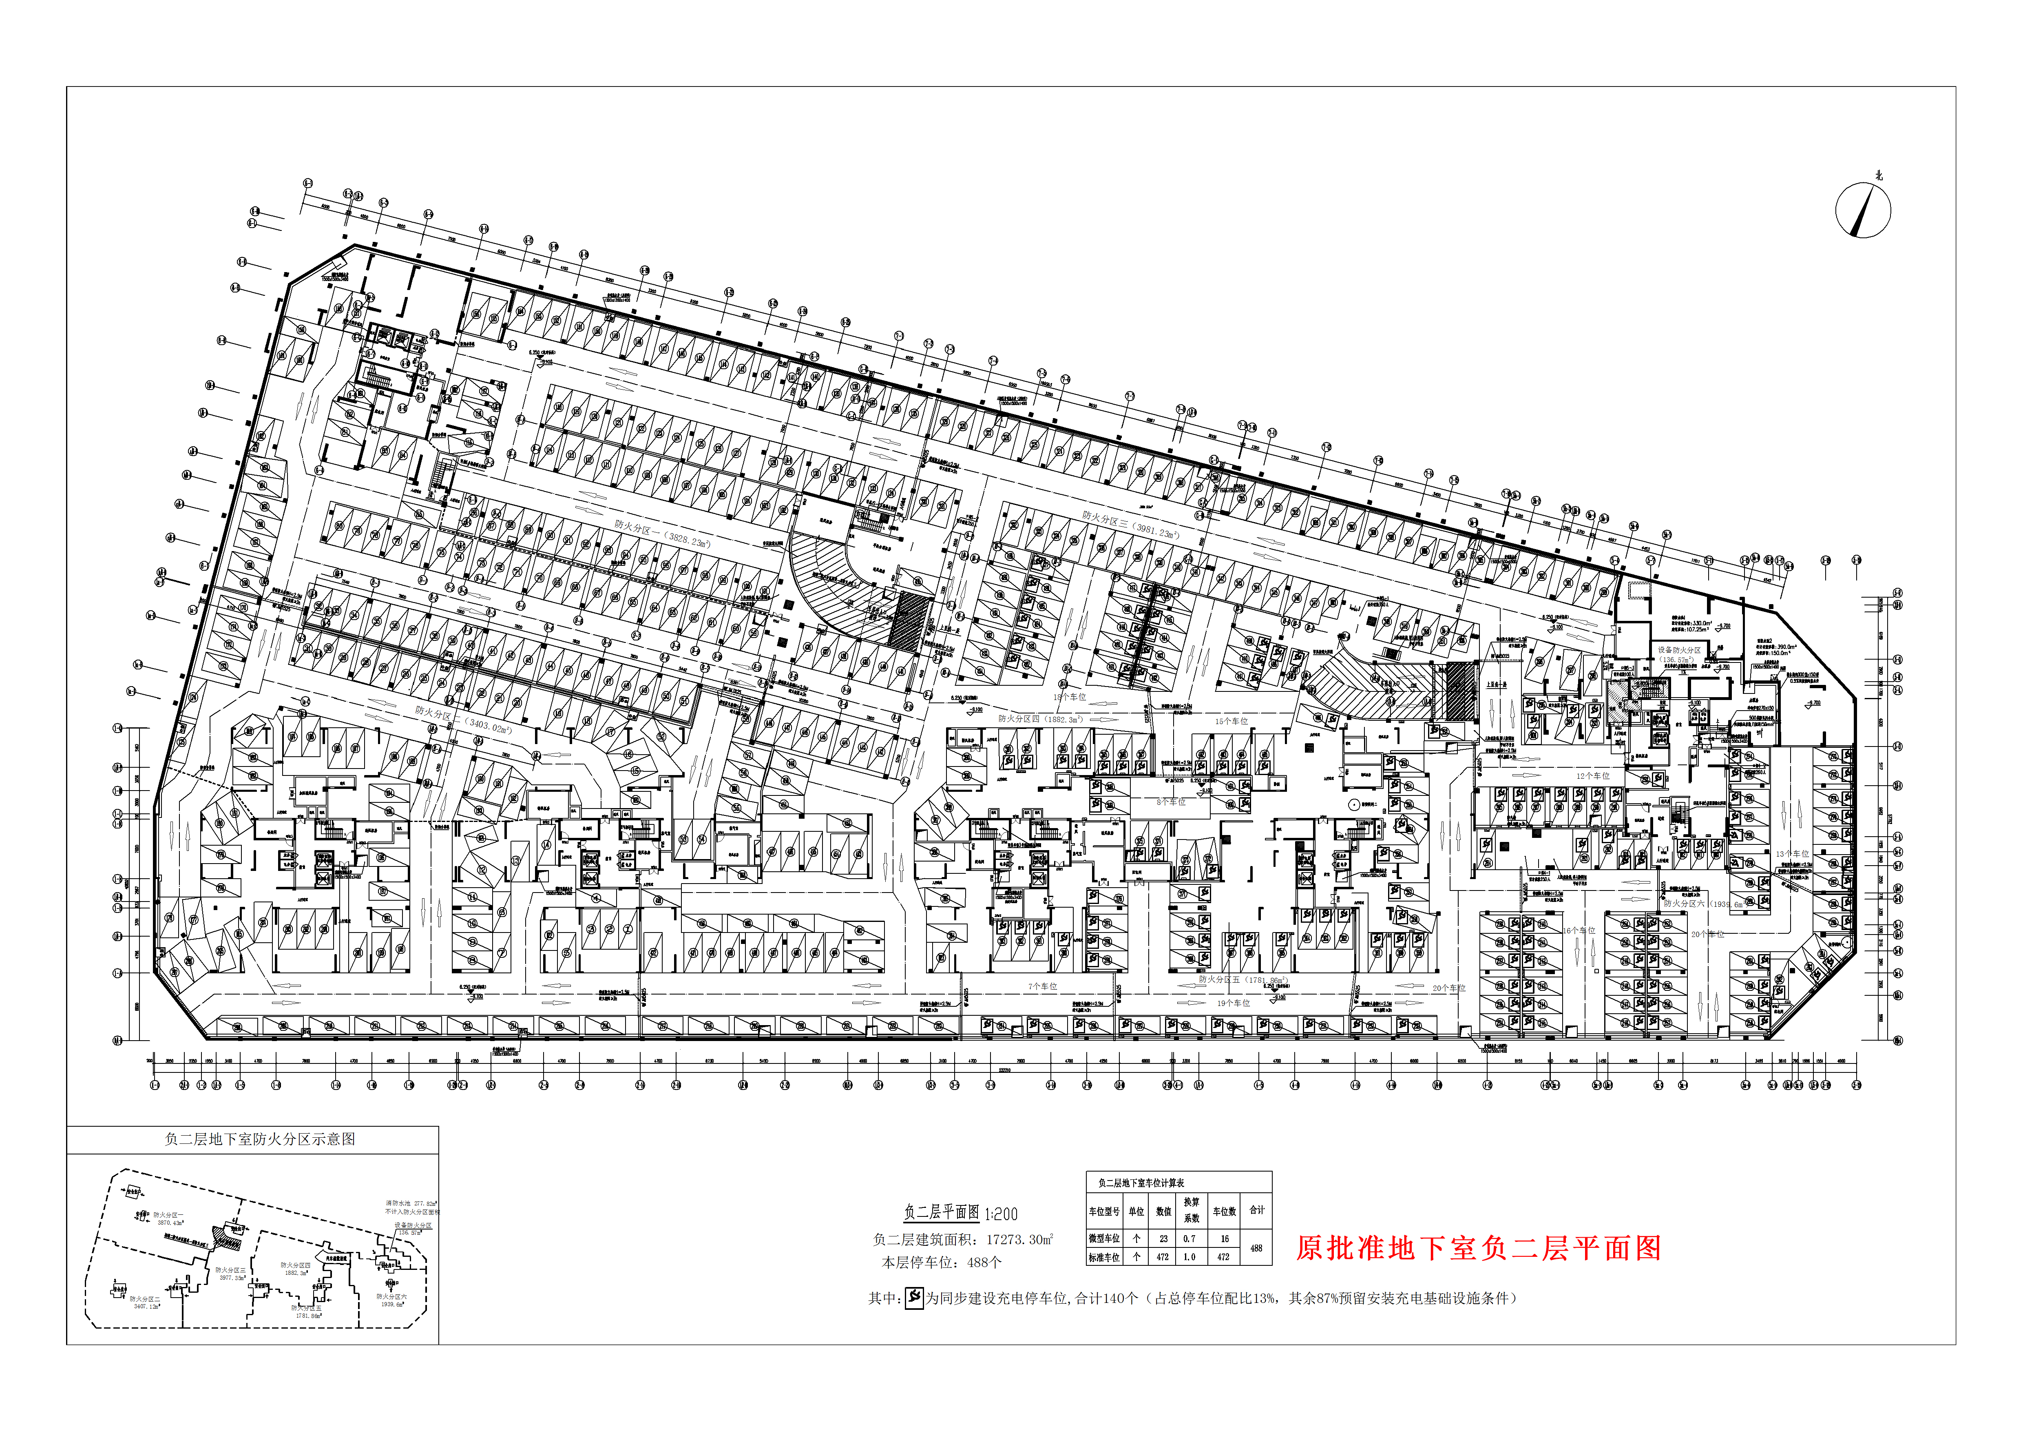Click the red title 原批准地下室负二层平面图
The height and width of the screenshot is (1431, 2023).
point(1478,1248)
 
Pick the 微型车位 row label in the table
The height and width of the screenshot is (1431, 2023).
point(1104,1238)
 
